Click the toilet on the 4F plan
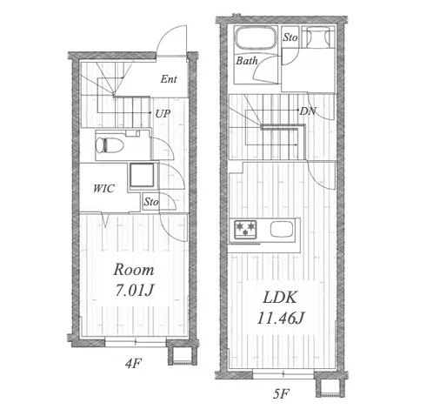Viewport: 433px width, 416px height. pos(110,144)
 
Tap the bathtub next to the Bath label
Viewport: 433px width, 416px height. pos(256,38)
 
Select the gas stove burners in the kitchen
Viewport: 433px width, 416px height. pos(245,230)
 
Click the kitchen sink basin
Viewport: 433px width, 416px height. pos(281,229)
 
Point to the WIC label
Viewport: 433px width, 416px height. pos(103,189)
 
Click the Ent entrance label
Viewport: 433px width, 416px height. pos(169,79)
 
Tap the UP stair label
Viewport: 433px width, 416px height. pos(163,113)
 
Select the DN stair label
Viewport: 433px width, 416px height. pos(308,111)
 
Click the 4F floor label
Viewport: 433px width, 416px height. pos(133,363)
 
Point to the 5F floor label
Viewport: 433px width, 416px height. pos(281,393)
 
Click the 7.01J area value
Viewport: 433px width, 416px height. pos(134,290)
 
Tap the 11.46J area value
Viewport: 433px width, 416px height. pos(281,319)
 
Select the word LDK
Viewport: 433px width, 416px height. pos(280,298)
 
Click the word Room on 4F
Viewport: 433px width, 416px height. pos(134,270)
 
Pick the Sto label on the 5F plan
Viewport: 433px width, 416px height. pos(290,37)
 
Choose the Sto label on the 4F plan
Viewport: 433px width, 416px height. pos(151,202)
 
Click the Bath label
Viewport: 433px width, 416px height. pos(247,61)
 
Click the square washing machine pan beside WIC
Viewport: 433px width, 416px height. pos(142,175)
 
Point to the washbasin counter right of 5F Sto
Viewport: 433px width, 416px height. pos(318,37)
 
